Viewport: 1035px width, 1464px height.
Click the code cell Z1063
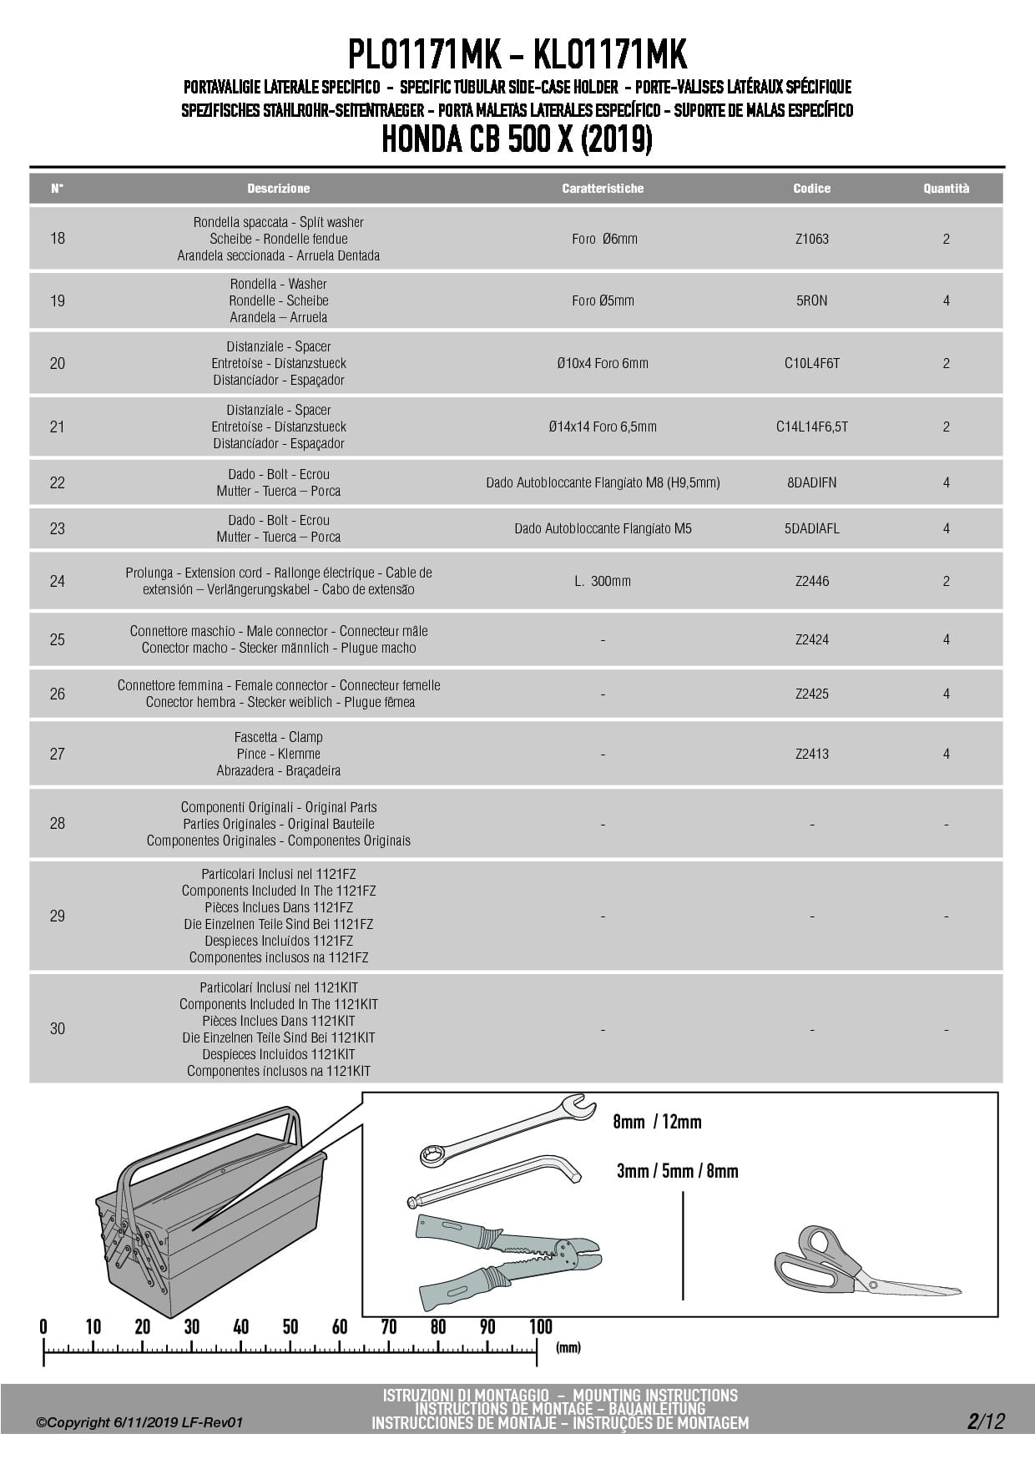[811, 239]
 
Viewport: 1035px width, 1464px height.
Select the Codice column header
[811, 189]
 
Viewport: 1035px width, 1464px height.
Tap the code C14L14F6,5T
[811, 427]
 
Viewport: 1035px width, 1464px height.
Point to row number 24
[57, 581]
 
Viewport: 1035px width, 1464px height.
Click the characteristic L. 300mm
[603, 581]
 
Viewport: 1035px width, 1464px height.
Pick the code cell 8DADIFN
[811, 482]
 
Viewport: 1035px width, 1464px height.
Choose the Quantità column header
[946, 189]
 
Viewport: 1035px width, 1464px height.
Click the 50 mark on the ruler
[290, 1327]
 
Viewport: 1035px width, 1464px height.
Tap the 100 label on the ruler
[540, 1327]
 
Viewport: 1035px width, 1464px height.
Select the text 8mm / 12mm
[657, 1122]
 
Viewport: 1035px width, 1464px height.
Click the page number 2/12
[986, 1421]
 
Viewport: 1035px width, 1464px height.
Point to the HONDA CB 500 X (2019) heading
[517, 140]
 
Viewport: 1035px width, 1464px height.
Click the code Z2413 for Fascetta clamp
[811, 754]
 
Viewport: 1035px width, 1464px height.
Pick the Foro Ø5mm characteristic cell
[603, 300]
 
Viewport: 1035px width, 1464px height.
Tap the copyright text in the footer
[139, 1422]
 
